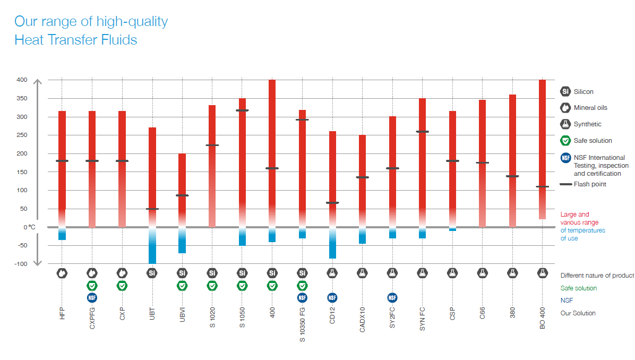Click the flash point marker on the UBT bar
(152, 209)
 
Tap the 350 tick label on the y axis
(21, 98)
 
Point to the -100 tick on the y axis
(20, 264)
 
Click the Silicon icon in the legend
(565, 91)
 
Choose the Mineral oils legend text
(590, 108)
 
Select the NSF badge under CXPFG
(92, 297)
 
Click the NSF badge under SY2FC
(392, 297)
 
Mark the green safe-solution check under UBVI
(182, 286)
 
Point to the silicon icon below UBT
(152, 273)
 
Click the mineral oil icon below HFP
(62, 273)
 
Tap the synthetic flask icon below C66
(482, 273)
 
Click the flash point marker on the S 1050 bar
(242, 110)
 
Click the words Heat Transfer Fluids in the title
(76, 39)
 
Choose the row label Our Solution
(578, 313)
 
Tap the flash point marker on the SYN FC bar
(422, 132)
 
